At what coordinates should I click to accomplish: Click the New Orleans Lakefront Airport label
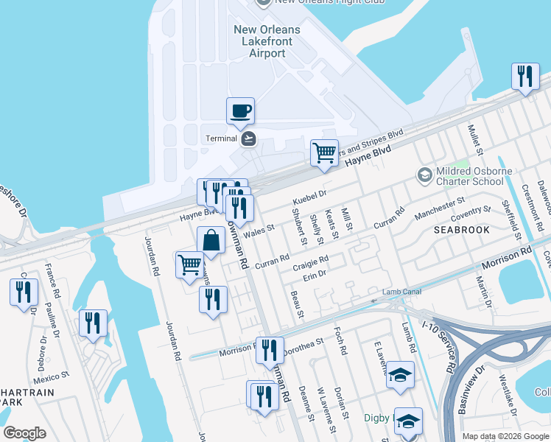pyautogui.click(x=267, y=41)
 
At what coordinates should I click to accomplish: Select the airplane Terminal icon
pyautogui.click(x=248, y=138)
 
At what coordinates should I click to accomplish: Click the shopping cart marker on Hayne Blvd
pyautogui.click(x=324, y=154)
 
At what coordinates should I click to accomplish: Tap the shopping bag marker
pyautogui.click(x=211, y=241)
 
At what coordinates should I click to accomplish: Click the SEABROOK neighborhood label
pyautogui.click(x=462, y=230)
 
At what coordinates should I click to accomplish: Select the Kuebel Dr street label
pyautogui.click(x=309, y=199)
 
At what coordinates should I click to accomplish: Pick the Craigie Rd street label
pyautogui.click(x=309, y=263)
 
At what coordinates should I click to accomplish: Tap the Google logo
pyautogui.click(x=24, y=433)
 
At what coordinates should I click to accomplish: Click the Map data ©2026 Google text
pyautogui.click(x=505, y=436)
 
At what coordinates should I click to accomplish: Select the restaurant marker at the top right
pyautogui.click(x=524, y=77)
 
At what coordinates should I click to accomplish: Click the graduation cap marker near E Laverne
pyautogui.click(x=400, y=376)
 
